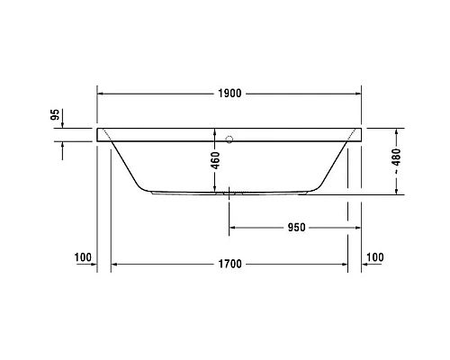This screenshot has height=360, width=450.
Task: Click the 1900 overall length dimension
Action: pyautogui.click(x=229, y=94)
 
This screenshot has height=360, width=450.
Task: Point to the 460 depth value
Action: pyautogui.click(x=215, y=160)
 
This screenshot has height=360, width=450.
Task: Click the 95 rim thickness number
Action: pyautogui.click(x=54, y=114)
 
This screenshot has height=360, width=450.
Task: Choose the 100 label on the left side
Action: pyautogui.click(x=84, y=258)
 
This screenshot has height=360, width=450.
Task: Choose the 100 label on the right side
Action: pyautogui.click(x=375, y=258)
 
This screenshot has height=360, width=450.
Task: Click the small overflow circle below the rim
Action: pyautogui.click(x=229, y=139)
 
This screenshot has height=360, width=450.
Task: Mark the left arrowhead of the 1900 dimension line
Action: pyautogui.click(x=101, y=94)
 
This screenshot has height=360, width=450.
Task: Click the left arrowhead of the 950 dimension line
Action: pyautogui.click(x=233, y=227)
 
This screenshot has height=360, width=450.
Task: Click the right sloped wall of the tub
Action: pyautogui.click(x=335, y=162)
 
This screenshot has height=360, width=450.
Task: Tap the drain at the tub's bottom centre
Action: pyautogui.click(x=229, y=192)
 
